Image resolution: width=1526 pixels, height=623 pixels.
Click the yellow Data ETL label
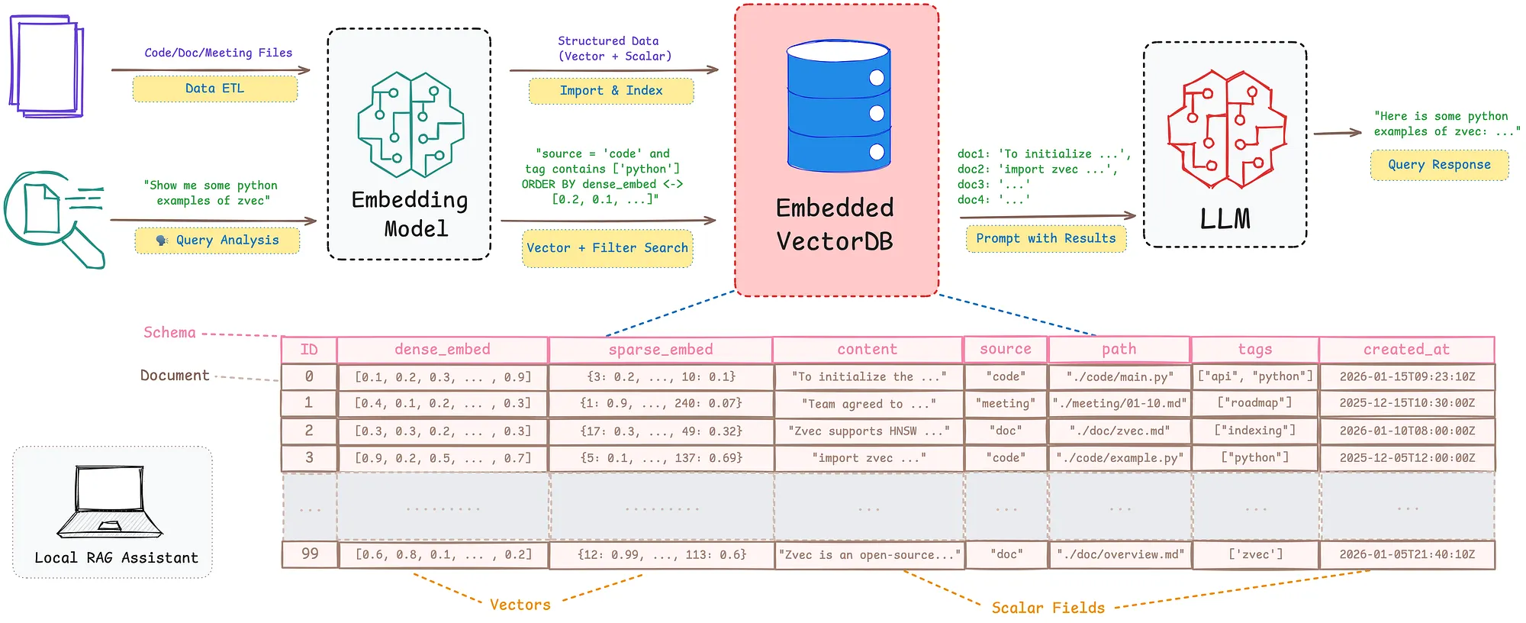(x=214, y=89)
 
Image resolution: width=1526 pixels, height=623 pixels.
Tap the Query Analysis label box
(x=217, y=240)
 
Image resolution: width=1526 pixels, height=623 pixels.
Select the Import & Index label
(x=610, y=91)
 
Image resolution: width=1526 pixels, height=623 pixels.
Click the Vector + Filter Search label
(x=607, y=248)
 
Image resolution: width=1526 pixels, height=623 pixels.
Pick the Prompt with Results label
(x=1045, y=238)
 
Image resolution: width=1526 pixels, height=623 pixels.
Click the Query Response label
(x=1439, y=165)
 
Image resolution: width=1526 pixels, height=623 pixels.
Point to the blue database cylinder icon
(x=838, y=106)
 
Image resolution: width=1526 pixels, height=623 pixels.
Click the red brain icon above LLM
(x=1225, y=130)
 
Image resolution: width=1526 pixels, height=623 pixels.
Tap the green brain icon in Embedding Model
(x=410, y=125)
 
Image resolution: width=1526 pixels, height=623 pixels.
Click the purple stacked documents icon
(x=47, y=67)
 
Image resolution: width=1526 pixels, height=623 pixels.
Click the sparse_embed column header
(x=661, y=350)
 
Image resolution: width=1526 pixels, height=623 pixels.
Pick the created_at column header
(x=1406, y=350)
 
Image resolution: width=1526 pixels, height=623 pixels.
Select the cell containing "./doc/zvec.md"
(x=1119, y=431)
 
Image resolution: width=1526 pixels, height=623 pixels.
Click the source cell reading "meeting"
(x=1006, y=403)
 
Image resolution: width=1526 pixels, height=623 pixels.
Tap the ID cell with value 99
(x=309, y=554)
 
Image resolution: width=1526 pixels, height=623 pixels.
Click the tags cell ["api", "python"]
(x=1255, y=376)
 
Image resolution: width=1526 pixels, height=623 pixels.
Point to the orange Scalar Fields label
(x=1048, y=608)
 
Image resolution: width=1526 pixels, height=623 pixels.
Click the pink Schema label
(x=169, y=333)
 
